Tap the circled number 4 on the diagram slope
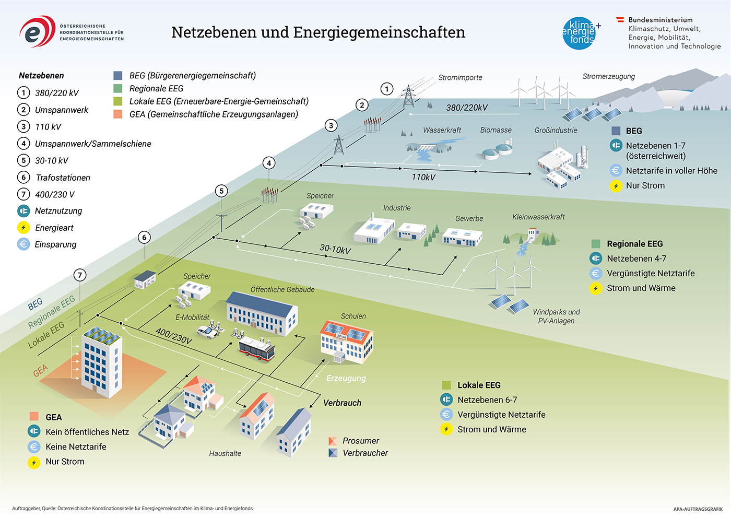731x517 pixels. pyautogui.click(x=269, y=163)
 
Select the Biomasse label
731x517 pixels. pyautogui.click(x=496, y=130)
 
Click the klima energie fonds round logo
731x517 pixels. pyautogui.click(x=580, y=33)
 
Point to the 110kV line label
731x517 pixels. pyautogui.click(x=423, y=177)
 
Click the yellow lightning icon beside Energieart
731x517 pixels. pyautogui.click(x=23, y=228)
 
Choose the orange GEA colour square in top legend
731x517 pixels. pyautogui.click(x=118, y=114)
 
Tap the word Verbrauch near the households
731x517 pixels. pyautogui.click(x=342, y=403)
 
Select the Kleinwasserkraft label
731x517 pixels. pyautogui.click(x=538, y=217)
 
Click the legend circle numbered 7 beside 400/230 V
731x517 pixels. pyautogui.click(x=23, y=194)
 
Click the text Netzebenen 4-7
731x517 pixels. pyautogui.click(x=636, y=258)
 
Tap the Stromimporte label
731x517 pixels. pyautogui.click(x=460, y=78)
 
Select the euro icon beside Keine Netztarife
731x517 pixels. pyautogui.click(x=34, y=447)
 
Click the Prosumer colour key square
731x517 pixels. pyautogui.click(x=333, y=441)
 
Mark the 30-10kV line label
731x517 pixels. pyautogui.click(x=335, y=250)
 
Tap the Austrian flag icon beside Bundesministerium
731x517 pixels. pyautogui.click(x=620, y=20)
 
